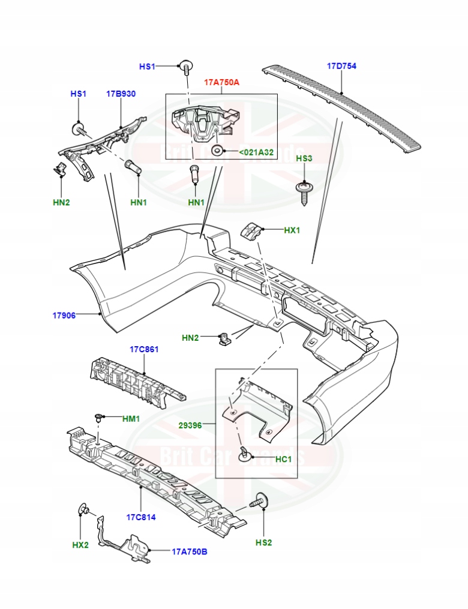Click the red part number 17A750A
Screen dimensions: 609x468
(221, 82)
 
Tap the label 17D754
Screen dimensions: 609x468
(341, 67)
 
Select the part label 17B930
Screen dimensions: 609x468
(121, 94)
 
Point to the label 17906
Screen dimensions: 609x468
(64, 315)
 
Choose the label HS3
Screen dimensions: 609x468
(305, 158)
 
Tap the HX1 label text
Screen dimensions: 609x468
(292, 230)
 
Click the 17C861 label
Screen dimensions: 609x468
(144, 349)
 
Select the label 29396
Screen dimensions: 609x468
(190, 425)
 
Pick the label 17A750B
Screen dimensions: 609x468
(190, 551)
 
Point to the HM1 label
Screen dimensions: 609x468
(131, 418)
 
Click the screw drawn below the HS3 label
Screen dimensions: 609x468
(305, 191)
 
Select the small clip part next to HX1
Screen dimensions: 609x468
(252, 230)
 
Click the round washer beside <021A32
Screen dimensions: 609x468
(218, 150)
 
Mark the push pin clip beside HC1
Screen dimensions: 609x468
(244, 454)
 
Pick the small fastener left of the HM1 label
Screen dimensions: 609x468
(99, 418)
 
